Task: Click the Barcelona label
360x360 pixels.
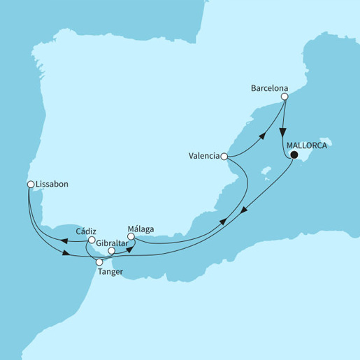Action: pyautogui.click(x=270, y=89)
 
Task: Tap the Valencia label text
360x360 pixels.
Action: pyautogui.click(x=203, y=157)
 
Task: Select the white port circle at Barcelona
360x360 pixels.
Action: pyautogui.click(x=285, y=98)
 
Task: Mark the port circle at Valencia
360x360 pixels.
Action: pyautogui.click(x=225, y=157)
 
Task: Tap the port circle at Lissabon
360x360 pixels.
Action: pyautogui.click(x=30, y=185)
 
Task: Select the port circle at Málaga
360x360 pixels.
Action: pyautogui.click(x=131, y=237)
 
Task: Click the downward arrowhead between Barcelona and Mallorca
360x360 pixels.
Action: pyautogui.click(x=282, y=132)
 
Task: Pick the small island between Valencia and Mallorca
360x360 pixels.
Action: pyautogui.click(x=265, y=170)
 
